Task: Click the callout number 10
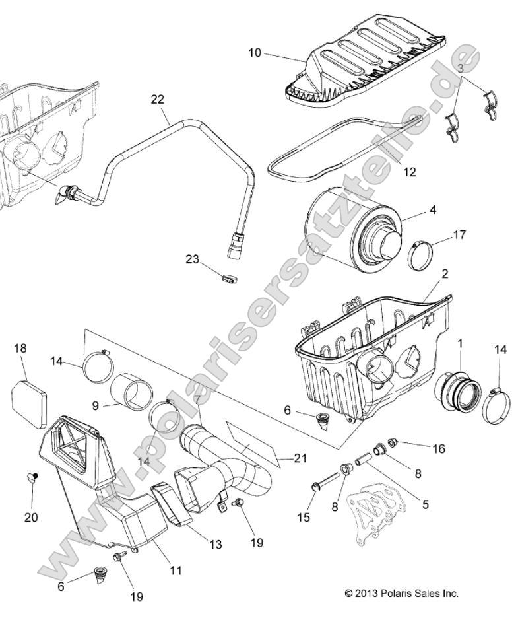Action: pyautogui.click(x=255, y=52)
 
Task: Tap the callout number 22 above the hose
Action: pyautogui.click(x=158, y=100)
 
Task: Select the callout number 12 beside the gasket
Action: pyautogui.click(x=410, y=172)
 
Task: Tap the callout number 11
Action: pyautogui.click(x=175, y=569)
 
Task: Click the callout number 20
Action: pyautogui.click(x=31, y=517)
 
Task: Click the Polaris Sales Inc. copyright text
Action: pyautogui.click(x=401, y=593)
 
